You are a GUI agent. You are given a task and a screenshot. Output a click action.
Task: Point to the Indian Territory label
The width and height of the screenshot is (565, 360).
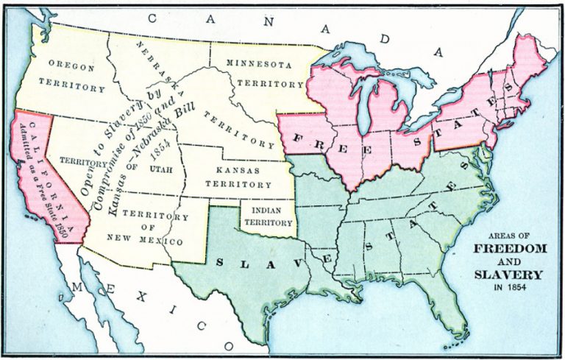[269, 214]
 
